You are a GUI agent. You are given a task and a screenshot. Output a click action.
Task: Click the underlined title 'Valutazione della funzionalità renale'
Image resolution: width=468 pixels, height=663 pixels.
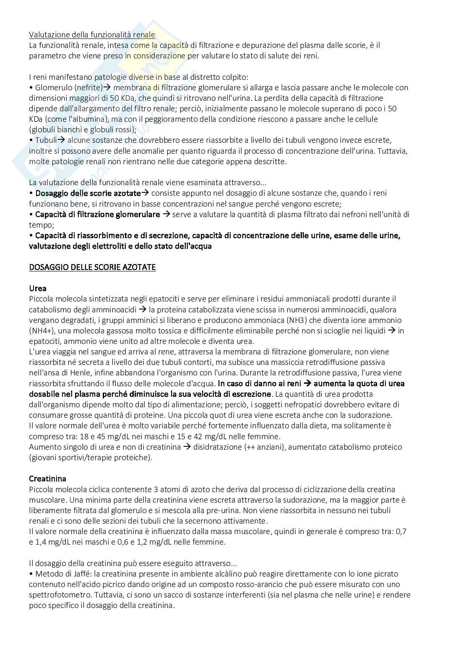point(92,35)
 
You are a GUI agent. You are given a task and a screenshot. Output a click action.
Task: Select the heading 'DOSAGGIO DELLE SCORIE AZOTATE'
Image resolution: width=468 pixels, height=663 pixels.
point(92,267)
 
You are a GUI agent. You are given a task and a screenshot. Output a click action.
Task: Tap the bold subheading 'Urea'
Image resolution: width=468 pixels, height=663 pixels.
point(38,288)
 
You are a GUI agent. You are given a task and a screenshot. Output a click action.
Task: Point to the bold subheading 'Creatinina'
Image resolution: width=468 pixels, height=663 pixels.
point(47,479)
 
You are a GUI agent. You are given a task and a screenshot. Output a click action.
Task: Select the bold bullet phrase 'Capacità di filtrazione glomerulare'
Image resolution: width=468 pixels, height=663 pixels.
point(98,215)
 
